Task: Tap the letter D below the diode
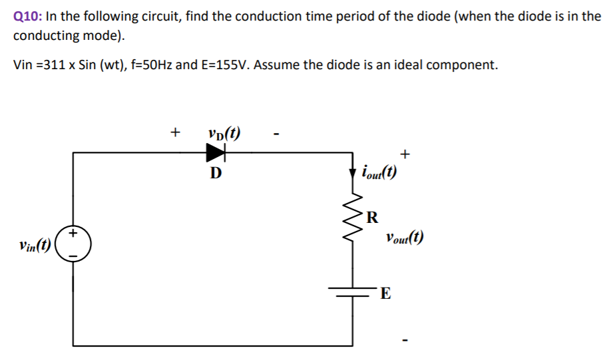[215, 174]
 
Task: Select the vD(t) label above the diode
[224, 132]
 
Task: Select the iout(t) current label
[379, 174]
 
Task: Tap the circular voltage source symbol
[73, 244]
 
